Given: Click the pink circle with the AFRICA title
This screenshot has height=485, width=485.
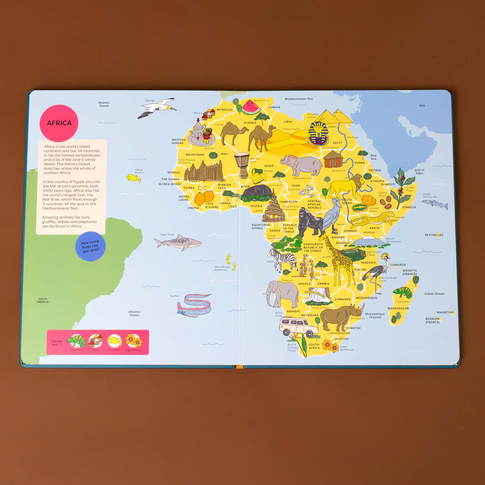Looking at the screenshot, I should (x=59, y=123).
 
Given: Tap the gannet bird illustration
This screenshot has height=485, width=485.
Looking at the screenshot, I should (x=157, y=108).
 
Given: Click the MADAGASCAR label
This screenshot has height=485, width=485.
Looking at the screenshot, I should (x=398, y=308).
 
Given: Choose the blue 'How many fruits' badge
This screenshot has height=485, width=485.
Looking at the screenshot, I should (x=90, y=246).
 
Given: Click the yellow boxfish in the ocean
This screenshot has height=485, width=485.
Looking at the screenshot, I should (x=133, y=178).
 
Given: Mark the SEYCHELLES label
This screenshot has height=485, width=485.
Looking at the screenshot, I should (x=434, y=235).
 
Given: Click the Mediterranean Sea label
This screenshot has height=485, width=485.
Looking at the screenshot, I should (x=298, y=99).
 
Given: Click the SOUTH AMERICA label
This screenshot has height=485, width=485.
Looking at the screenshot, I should (x=43, y=300).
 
